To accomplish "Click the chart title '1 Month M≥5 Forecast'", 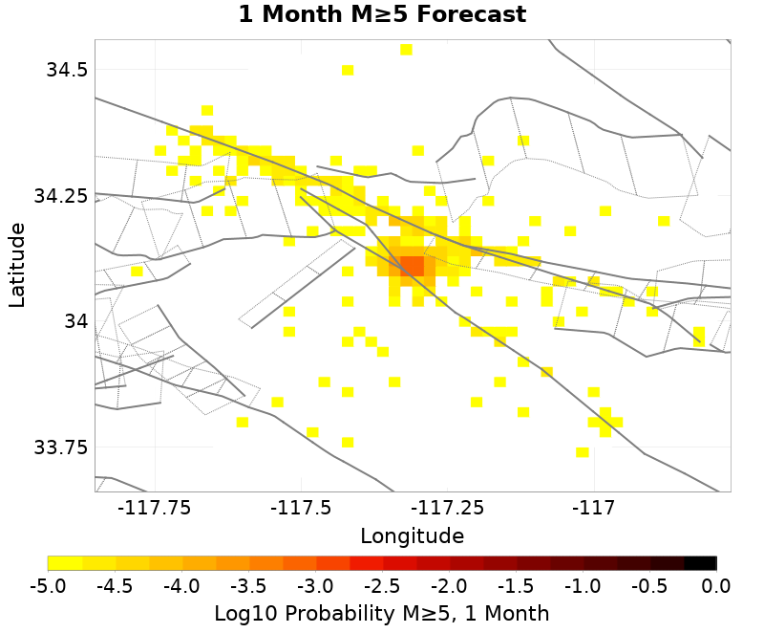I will [x=382, y=15].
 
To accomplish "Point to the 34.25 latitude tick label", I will [x=59, y=196].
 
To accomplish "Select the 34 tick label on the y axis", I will [x=75, y=321].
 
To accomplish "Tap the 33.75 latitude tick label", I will [x=59, y=447].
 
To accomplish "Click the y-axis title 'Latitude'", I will [x=17, y=266].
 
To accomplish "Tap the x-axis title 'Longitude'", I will [x=412, y=535].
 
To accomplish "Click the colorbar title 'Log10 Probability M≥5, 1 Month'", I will [x=382, y=613].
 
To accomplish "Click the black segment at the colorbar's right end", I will [x=701, y=563].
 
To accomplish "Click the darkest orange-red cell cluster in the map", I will [x=412, y=265].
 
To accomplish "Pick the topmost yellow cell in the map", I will [x=406, y=50].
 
